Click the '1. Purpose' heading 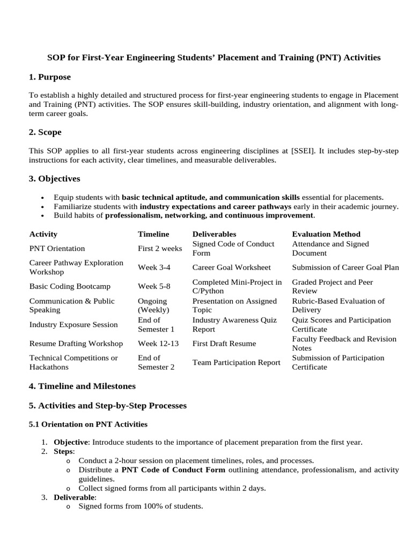point(49,77)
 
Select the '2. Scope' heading point(45,132)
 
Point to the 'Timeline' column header point(153,234)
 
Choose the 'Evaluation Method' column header point(326,234)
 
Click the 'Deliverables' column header point(214,234)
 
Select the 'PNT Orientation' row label point(57,249)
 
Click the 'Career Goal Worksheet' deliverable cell point(231,267)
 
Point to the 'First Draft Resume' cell point(225,343)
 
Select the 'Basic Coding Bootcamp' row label point(69,286)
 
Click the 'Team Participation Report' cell point(236,363)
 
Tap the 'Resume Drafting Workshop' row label point(76,343)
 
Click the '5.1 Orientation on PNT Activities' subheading point(87,424)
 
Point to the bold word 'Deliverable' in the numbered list point(74,497)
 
